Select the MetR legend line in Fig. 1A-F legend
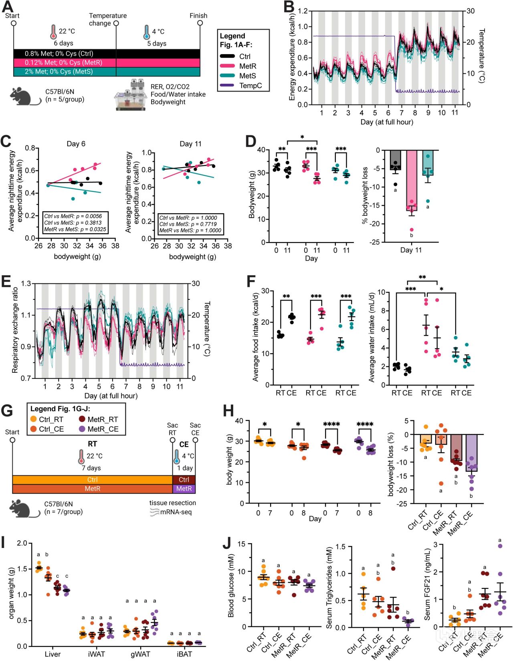coord(227,66)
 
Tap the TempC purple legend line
coord(227,85)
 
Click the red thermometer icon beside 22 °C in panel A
coord(53,32)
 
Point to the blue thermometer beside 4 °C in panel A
coord(147,32)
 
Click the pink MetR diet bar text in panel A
coord(63,63)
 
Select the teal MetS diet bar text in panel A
coord(59,71)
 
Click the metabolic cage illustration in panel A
coord(131,96)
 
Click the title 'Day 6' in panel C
coord(76,144)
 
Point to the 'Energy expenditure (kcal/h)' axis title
coord(292,57)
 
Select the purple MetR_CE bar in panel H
coord(471,453)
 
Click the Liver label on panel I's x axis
coord(53,654)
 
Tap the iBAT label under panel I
coord(184,654)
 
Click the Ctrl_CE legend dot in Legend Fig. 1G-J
coord(34,429)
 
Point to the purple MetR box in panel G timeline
coord(184,489)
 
